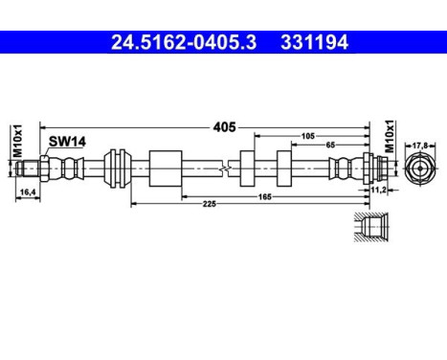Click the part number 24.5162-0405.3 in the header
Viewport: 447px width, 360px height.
(176, 42)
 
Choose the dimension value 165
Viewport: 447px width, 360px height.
(264, 195)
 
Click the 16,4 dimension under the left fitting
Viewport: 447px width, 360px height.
(29, 192)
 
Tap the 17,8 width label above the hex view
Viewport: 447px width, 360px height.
(418, 146)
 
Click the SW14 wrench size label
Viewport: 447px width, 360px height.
(68, 141)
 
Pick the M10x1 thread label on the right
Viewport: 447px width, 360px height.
(389, 137)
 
